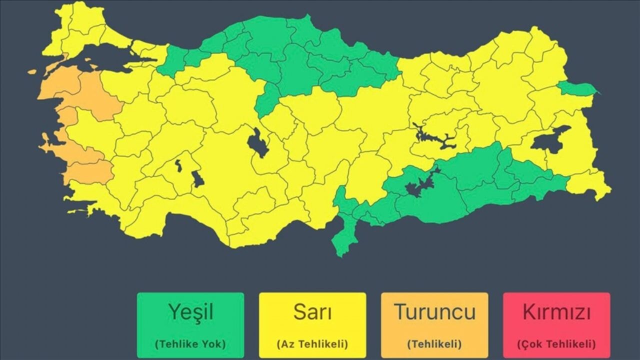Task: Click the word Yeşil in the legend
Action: [x=190, y=312]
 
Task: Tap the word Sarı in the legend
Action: [x=312, y=312]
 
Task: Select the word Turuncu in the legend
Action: [x=434, y=312]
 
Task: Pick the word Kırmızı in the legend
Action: [x=556, y=312]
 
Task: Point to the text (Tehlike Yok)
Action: [x=190, y=344]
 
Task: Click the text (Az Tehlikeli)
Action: [x=312, y=344]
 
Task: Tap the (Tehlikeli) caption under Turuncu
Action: [x=434, y=344]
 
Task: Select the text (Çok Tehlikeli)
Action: [x=556, y=344]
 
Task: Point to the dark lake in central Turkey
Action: [x=257, y=143]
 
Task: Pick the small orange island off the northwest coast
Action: [x=32, y=72]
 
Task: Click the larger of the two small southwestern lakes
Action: [x=197, y=178]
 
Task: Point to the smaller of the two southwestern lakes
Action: [x=178, y=165]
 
